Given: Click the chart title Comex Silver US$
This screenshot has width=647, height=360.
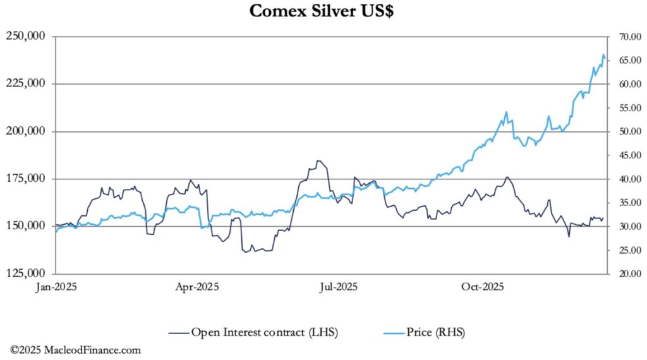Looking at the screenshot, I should (323, 11).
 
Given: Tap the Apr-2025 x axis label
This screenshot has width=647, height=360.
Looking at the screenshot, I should (197, 287).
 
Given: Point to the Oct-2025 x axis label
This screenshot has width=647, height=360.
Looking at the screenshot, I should (480, 287).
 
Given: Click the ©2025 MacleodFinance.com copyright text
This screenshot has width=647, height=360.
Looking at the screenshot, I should (75, 350).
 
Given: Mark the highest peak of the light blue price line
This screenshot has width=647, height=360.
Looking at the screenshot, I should (603, 56).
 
